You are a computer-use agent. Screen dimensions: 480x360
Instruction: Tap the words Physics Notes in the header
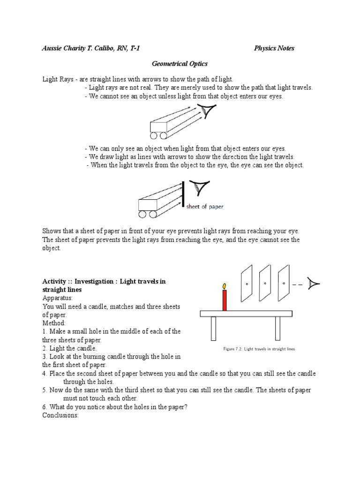point(274,48)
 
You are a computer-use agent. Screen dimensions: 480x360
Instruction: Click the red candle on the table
point(225,300)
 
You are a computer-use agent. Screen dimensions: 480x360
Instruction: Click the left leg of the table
point(213,328)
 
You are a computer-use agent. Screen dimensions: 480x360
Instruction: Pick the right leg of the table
point(277,328)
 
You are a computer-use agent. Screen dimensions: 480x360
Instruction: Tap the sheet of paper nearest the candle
point(247,284)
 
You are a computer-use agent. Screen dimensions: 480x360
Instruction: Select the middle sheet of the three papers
point(265,284)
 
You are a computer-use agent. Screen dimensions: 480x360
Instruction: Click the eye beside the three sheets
point(314,283)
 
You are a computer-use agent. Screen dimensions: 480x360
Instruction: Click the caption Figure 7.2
point(259,349)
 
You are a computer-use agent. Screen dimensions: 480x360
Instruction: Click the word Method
point(54,323)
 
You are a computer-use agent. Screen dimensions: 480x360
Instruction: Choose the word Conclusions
point(60,415)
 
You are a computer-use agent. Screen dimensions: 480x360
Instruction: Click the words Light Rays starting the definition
point(57,79)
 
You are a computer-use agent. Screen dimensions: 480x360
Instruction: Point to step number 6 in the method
point(45,407)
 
